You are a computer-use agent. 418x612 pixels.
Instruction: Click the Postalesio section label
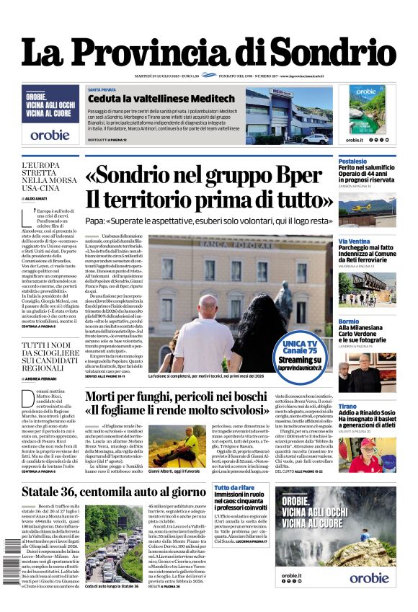pos(353,161)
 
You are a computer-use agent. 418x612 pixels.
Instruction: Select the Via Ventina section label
pos(355,241)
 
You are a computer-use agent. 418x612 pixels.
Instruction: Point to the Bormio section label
pos(349,321)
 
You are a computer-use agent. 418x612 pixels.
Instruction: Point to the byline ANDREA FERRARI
pos(45,378)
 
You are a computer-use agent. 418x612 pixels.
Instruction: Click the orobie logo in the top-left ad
pos(50,134)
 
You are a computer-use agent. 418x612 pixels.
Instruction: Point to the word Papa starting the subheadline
pos(94,221)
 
